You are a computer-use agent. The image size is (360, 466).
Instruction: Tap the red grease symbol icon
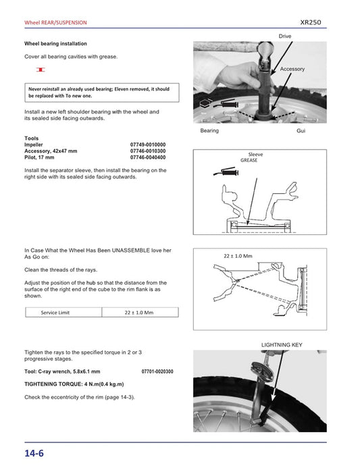click(41, 70)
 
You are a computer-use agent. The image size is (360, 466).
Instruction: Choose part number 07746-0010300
click(148, 151)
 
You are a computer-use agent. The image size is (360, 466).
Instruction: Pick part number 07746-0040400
click(148, 157)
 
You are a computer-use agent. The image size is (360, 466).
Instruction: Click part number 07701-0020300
click(157, 371)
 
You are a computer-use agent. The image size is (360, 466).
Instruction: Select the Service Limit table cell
click(63, 313)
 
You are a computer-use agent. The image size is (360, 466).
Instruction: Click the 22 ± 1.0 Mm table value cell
click(140, 313)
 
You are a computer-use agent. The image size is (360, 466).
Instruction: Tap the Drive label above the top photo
click(285, 35)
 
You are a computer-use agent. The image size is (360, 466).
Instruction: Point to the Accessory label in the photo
click(292, 69)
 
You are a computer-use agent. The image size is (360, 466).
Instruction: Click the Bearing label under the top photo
click(209, 130)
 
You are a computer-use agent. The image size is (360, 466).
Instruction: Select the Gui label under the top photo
click(301, 130)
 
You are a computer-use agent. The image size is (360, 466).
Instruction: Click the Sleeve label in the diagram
click(256, 155)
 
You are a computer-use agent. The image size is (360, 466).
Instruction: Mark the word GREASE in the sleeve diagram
click(250, 161)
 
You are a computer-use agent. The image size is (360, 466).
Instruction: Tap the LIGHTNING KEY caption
click(282, 344)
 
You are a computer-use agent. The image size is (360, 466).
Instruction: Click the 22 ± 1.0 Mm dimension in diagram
click(237, 257)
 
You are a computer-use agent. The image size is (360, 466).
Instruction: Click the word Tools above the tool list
click(31, 138)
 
